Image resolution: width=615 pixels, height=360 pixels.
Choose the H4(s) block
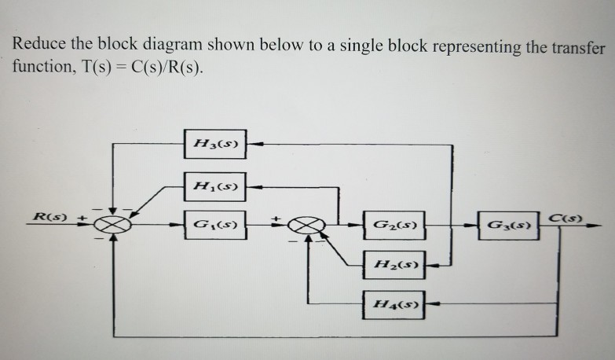(x=394, y=303)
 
